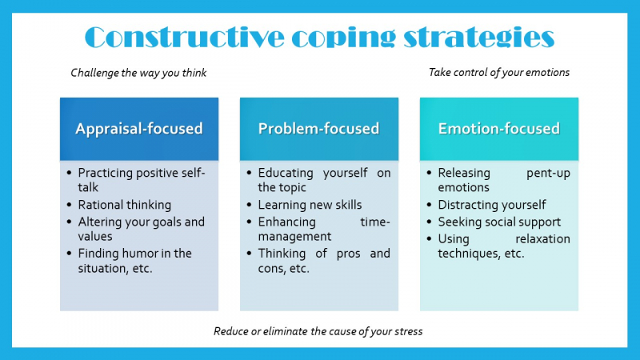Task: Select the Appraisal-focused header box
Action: click(x=139, y=129)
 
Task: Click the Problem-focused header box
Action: click(x=318, y=129)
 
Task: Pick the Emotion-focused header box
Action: click(x=498, y=129)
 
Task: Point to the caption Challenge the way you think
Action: click(x=138, y=73)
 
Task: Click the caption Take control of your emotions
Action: click(x=499, y=72)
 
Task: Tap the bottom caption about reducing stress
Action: click(x=318, y=331)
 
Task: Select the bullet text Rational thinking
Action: click(x=124, y=205)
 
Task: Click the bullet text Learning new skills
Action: click(x=310, y=205)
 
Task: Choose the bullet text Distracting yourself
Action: click(x=492, y=205)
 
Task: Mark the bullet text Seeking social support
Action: click(x=499, y=222)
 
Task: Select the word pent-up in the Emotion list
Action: click(x=548, y=173)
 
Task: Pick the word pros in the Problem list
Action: click(x=339, y=254)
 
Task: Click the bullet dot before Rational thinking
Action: click(x=70, y=205)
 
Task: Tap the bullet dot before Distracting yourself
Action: click(x=430, y=205)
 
